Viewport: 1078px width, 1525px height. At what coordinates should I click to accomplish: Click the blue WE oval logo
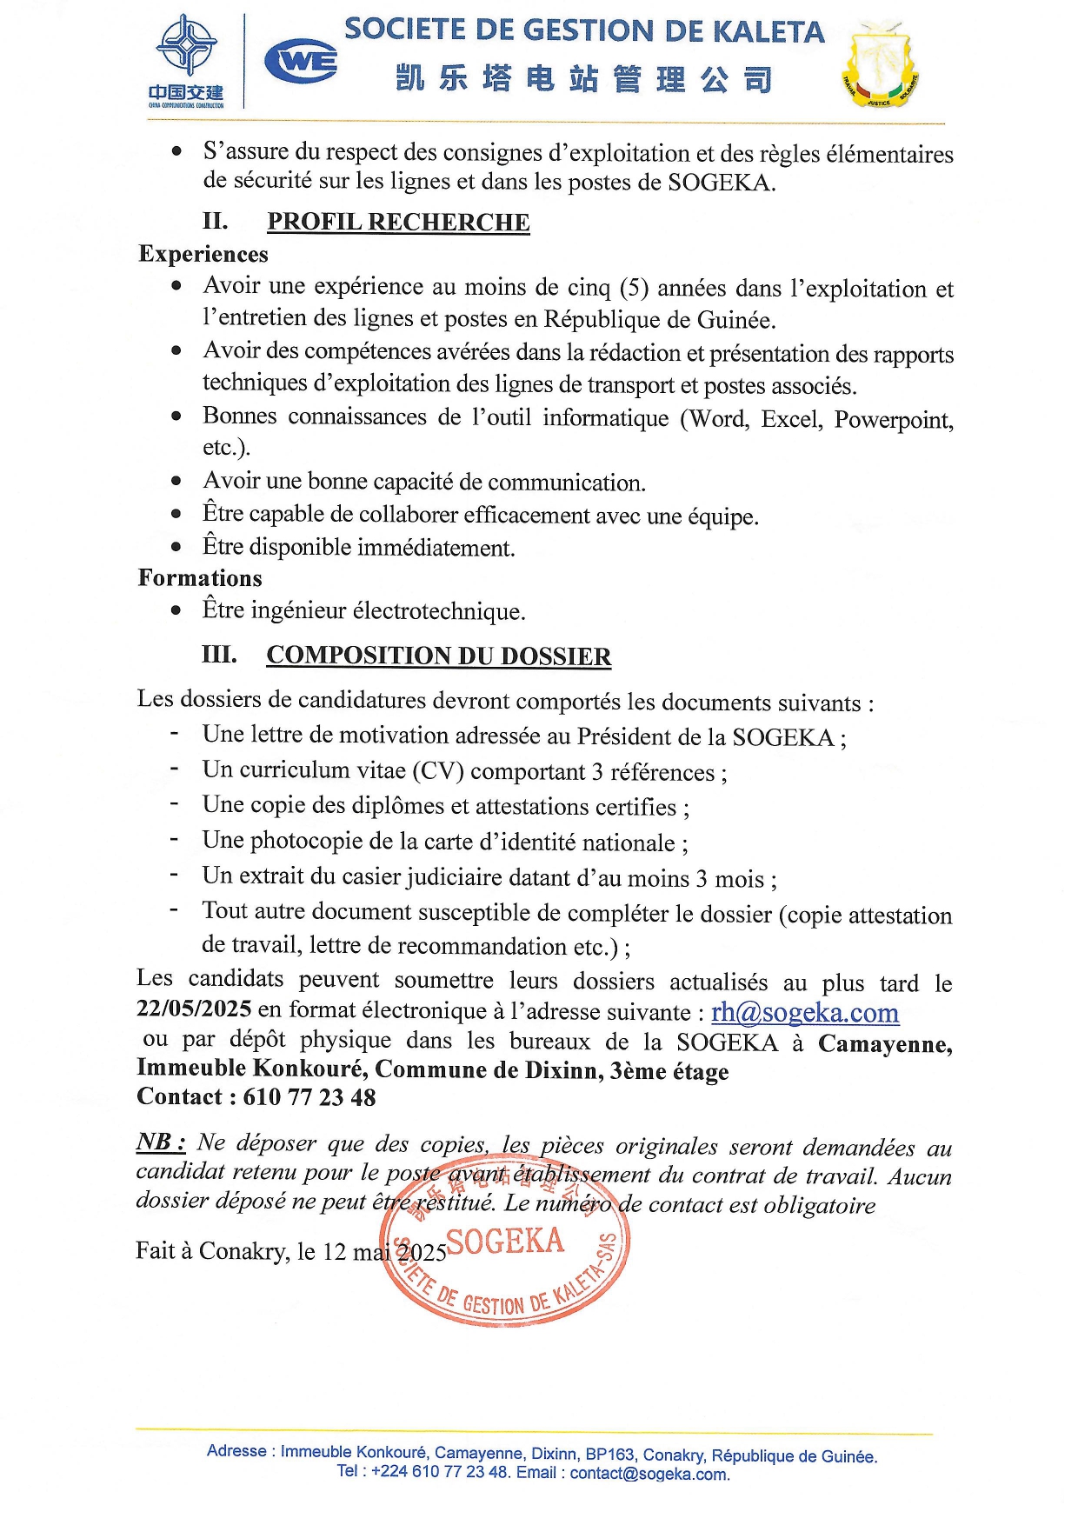coord(301,62)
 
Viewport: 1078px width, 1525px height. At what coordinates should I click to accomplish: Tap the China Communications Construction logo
coord(185,61)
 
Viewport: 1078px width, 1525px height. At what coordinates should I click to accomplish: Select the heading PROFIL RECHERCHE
coord(398,223)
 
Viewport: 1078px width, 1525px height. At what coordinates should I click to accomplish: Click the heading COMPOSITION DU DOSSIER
coord(438,656)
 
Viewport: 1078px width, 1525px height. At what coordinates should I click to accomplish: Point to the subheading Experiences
coord(203,254)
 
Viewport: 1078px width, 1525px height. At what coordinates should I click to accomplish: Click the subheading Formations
coord(200,578)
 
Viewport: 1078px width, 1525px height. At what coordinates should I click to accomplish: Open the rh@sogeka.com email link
coord(804,1012)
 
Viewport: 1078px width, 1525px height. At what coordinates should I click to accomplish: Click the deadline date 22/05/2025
coord(194,1009)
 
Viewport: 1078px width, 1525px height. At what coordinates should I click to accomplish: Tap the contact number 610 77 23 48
coord(309,1097)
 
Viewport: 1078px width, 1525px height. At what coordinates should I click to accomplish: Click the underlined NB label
coord(161,1142)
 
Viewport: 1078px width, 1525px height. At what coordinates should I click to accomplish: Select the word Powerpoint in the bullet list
coord(893,420)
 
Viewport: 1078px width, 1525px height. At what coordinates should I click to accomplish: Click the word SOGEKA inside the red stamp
coord(505,1242)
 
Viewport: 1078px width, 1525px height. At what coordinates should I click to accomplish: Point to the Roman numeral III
coord(219,654)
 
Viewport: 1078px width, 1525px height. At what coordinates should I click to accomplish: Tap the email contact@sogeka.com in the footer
coord(649,1474)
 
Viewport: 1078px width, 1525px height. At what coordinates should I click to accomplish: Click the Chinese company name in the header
coord(583,79)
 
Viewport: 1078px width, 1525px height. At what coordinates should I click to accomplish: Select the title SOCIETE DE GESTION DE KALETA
coord(584,31)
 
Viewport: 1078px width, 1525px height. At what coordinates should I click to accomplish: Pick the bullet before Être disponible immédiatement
coord(176,547)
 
